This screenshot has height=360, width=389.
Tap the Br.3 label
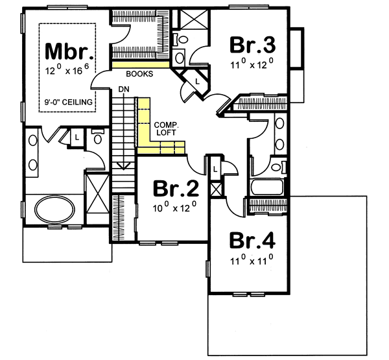[253, 45]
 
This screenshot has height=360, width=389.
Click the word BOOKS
[140, 74]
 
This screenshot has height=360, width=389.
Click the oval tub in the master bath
[54, 211]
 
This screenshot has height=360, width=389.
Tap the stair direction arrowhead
[123, 167]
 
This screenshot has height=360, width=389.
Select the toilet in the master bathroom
[97, 138]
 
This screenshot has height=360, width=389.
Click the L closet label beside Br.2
[215, 169]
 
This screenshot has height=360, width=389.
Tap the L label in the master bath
[77, 138]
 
